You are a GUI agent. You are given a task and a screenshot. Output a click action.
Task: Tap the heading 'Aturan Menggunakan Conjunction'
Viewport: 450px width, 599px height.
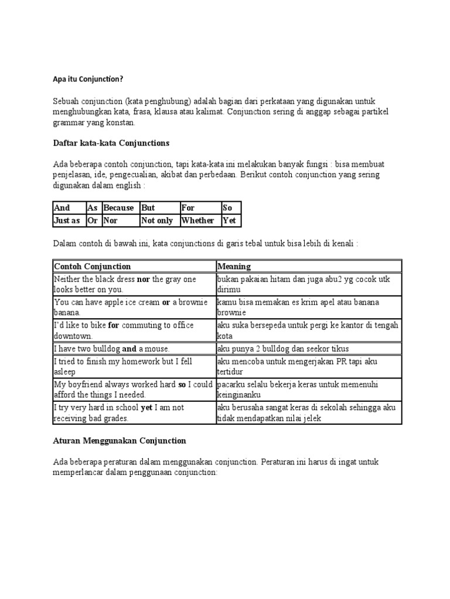coord(120,440)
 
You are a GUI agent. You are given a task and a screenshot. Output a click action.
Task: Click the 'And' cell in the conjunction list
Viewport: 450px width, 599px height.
coord(62,208)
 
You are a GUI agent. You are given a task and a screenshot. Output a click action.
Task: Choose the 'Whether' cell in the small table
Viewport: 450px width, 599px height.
coord(198,221)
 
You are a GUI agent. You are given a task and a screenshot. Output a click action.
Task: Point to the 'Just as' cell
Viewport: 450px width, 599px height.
coord(67,221)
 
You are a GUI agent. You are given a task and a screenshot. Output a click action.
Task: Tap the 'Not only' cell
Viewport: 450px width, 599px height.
coord(157,221)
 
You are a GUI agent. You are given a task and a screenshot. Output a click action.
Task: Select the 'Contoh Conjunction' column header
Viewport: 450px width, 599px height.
coord(92,266)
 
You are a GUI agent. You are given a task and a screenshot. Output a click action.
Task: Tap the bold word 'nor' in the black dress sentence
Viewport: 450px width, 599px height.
coord(143,279)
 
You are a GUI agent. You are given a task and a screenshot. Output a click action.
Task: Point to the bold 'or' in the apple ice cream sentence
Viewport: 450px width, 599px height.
coord(166,302)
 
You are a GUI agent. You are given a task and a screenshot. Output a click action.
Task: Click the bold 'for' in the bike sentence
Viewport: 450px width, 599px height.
coord(114,325)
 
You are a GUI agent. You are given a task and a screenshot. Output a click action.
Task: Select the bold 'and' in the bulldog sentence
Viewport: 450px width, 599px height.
coord(129,348)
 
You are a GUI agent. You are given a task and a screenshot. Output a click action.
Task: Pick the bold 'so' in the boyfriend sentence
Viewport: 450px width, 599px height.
coord(182,384)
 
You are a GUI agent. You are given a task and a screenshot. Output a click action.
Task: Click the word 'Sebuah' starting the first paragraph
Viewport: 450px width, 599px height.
coord(66,101)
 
